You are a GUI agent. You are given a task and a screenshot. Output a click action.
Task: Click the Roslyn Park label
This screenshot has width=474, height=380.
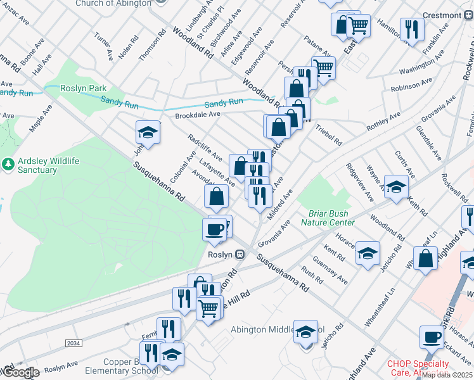click(84, 89)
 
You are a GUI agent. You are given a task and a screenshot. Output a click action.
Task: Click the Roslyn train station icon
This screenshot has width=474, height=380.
click(240, 255)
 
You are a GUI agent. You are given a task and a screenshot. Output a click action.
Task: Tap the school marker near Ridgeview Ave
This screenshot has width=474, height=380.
click(396, 187)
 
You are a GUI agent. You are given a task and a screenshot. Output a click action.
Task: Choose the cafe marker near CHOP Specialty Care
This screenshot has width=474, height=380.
click(432, 337)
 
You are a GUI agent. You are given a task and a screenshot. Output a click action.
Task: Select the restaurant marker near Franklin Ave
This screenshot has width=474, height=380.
click(412, 28)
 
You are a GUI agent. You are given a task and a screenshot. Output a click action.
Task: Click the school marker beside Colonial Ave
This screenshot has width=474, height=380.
click(148, 132)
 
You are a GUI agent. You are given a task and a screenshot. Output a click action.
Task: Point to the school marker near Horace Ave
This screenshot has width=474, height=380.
click(368, 253)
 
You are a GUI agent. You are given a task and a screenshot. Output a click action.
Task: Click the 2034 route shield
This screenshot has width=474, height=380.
click(73, 343)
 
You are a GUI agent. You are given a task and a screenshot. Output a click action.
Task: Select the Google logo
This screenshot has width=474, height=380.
click(20, 372)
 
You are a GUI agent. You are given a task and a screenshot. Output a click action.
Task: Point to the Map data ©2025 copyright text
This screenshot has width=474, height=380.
click(447, 375)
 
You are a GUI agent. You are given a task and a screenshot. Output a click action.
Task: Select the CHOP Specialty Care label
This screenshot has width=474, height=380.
click(418, 368)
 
